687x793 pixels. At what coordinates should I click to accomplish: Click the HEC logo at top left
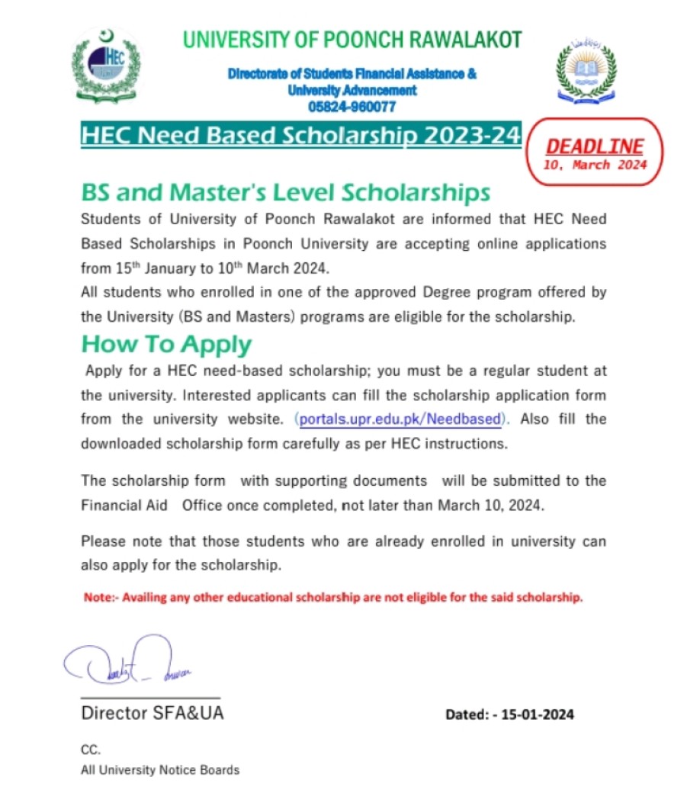pos(106,67)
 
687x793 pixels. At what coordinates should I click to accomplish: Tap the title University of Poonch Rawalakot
pos(352,40)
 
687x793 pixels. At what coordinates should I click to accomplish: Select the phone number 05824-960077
pos(352,107)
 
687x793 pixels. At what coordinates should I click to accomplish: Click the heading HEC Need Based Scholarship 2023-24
pos(300,136)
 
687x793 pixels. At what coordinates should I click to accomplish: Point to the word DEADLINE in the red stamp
pos(595,146)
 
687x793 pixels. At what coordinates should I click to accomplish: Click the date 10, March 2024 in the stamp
pos(595,165)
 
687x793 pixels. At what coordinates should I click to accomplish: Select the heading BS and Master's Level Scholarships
pos(285,191)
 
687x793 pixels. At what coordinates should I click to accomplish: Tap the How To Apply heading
pos(166,345)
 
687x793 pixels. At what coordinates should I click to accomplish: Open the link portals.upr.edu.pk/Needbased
pos(401,419)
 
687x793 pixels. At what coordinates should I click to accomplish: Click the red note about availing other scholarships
pos(332,598)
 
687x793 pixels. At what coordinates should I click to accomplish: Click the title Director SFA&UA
pos(152,714)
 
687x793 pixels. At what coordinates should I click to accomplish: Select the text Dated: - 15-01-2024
pos(509,714)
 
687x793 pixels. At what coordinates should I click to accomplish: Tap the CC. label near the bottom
pos(90,750)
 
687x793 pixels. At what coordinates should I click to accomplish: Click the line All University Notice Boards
pos(160,770)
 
